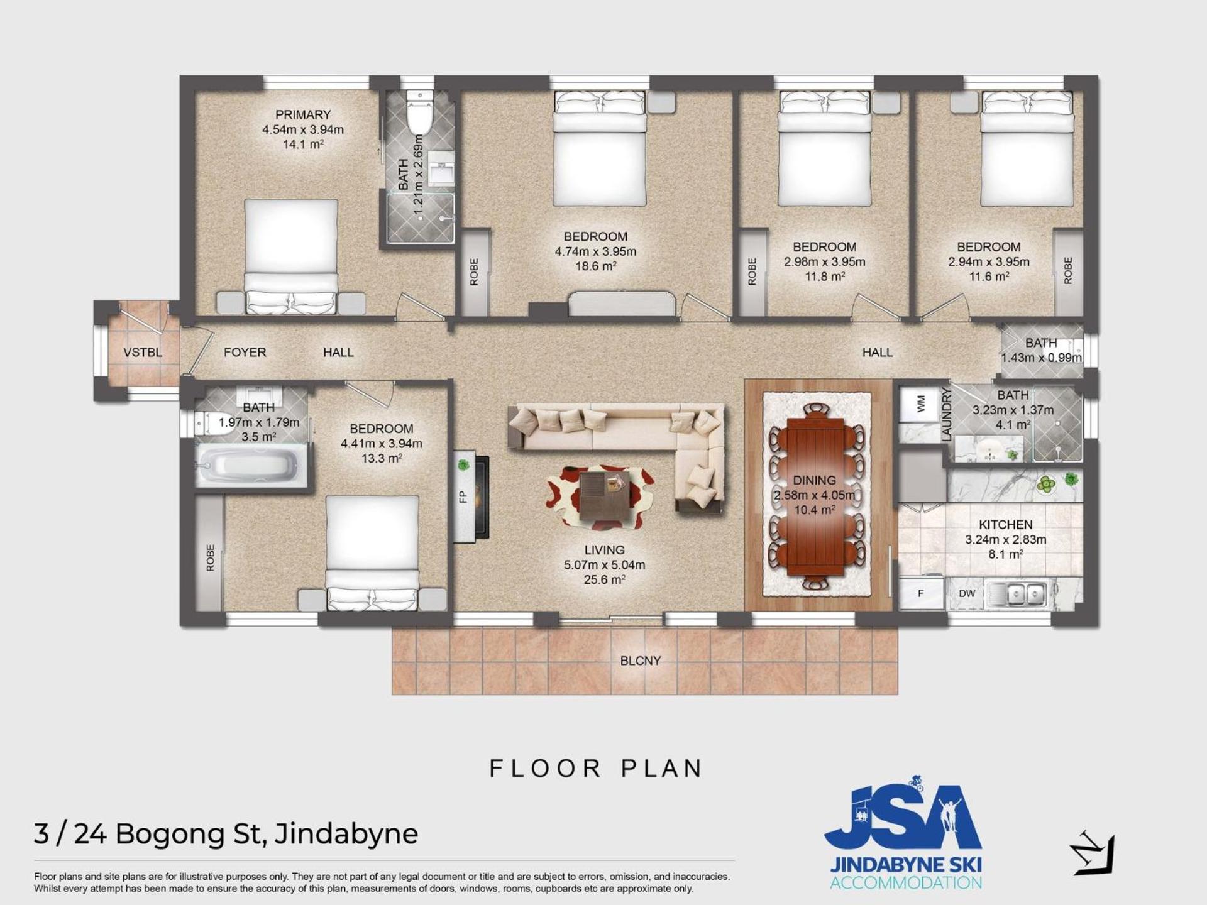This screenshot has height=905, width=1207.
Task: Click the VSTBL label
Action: tap(142, 353)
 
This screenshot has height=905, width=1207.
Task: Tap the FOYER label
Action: tap(245, 353)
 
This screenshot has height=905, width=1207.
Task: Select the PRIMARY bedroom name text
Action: tap(303, 115)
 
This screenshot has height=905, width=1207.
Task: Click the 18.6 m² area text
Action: tap(595, 266)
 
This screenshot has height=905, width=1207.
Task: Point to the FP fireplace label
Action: tap(463, 496)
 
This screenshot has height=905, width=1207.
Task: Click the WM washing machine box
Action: tap(922, 404)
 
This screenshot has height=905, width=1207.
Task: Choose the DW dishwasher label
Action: tap(967, 593)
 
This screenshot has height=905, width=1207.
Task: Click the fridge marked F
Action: tap(921, 593)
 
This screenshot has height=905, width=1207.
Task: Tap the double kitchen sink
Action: tap(1018, 593)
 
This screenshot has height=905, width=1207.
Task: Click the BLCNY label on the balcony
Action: tap(641, 661)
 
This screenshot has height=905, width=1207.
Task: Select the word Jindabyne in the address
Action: tap(346, 835)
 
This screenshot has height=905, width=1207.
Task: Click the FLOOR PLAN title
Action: tap(595, 769)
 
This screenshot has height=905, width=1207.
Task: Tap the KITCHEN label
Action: tap(1006, 525)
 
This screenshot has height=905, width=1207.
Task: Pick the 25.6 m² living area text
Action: tap(605, 579)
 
